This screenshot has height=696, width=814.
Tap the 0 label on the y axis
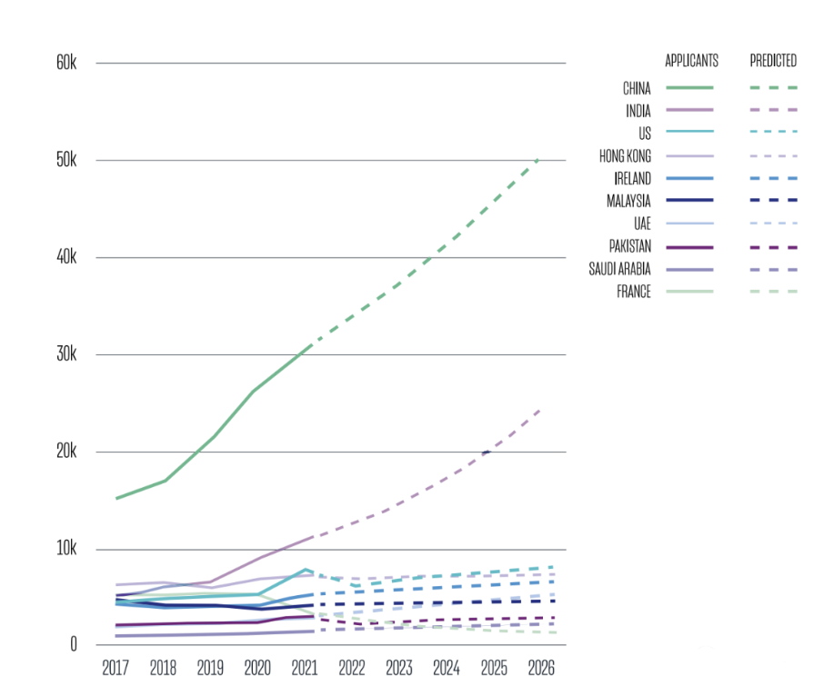(x=75, y=645)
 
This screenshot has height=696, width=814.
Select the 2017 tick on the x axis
(x=116, y=668)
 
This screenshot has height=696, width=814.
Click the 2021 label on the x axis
(x=305, y=668)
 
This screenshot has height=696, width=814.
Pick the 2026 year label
(x=540, y=668)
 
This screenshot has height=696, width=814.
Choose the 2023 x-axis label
(x=398, y=668)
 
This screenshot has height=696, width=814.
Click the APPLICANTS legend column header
(x=691, y=61)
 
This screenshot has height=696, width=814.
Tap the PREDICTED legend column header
(x=773, y=61)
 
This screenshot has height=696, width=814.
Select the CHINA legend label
(x=637, y=88)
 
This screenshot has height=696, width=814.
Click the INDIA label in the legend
(x=638, y=111)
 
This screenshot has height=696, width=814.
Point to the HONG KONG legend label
(x=625, y=156)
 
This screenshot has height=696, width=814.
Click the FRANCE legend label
(x=634, y=292)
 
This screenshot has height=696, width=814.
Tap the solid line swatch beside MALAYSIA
(x=689, y=201)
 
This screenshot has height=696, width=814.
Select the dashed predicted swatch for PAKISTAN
(x=773, y=246)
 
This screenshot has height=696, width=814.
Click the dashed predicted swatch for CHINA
(x=773, y=88)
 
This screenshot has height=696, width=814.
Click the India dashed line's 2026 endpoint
(x=539, y=411)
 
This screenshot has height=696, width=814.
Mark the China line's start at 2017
(x=116, y=498)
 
